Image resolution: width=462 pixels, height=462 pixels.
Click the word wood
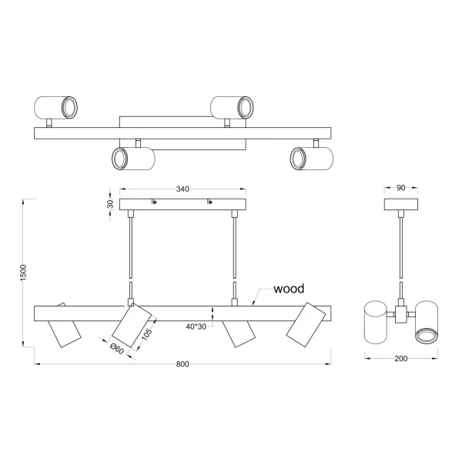(x=289, y=289)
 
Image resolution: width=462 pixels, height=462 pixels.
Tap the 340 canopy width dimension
(x=183, y=189)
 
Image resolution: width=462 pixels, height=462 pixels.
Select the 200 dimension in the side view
(x=400, y=359)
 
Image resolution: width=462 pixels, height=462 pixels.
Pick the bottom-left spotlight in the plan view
(x=133, y=159)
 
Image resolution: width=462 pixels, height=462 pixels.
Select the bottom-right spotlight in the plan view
(x=310, y=159)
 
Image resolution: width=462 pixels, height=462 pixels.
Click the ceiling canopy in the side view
(x=400, y=205)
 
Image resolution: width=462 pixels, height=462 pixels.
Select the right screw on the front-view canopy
(x=208, y=203)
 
